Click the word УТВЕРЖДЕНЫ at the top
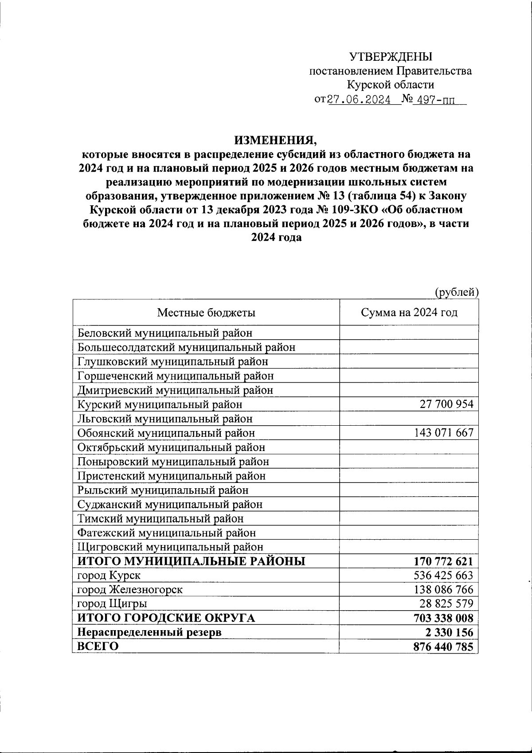pyautogui.click(x=390, y=57)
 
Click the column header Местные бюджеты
pyautogui.click(x=206, y=313)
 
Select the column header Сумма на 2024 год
pyautogui.click(x=409, y=313)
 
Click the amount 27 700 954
pyautogui.click(x=446, y=404)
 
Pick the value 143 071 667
pyautogui.click(x=444, y=432)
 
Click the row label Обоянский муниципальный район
pyautogui.click(x=166, y=433)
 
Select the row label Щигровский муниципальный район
pyautogui.click(x=170, y=547)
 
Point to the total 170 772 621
pyautogui.click(x=443, y=561)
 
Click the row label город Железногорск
pyautogui.click(x=129, y=590)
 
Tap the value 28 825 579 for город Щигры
pyautogui.click(x=446, y=604)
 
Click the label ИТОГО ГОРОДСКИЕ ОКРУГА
pyautogui.click(x=166, y=618)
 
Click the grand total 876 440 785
pyautogui.click(x=443, y=647)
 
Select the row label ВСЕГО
pyautogui.click(x=98, y=647)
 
